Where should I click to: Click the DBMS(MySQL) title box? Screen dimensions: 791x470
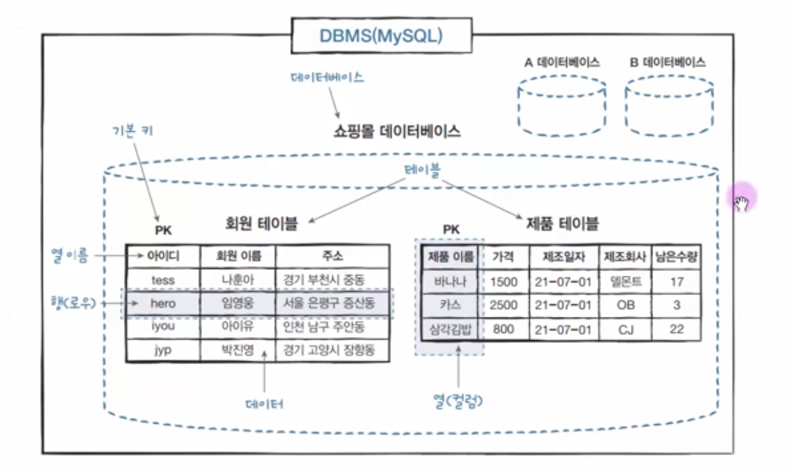click(x=381, y=36)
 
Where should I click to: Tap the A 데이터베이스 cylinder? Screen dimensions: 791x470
click(x=562, y=107)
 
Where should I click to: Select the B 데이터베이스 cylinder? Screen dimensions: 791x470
click(x=669, y=107)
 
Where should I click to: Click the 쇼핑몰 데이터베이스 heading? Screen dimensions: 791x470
click(x=396, y=132)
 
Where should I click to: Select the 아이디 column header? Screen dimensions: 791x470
click(x=163, y=256)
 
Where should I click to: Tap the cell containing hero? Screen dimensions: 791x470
click(x=163, y=303)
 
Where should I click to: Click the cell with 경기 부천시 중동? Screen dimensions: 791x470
click(x=332, y=280)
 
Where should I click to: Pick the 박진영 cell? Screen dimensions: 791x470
click(x=237, y=351)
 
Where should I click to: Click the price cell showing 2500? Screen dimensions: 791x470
click(x=503, y=305)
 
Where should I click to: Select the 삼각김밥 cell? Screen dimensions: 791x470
click(x=450, y=329)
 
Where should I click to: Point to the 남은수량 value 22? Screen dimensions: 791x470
click(x=676, y=329)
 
